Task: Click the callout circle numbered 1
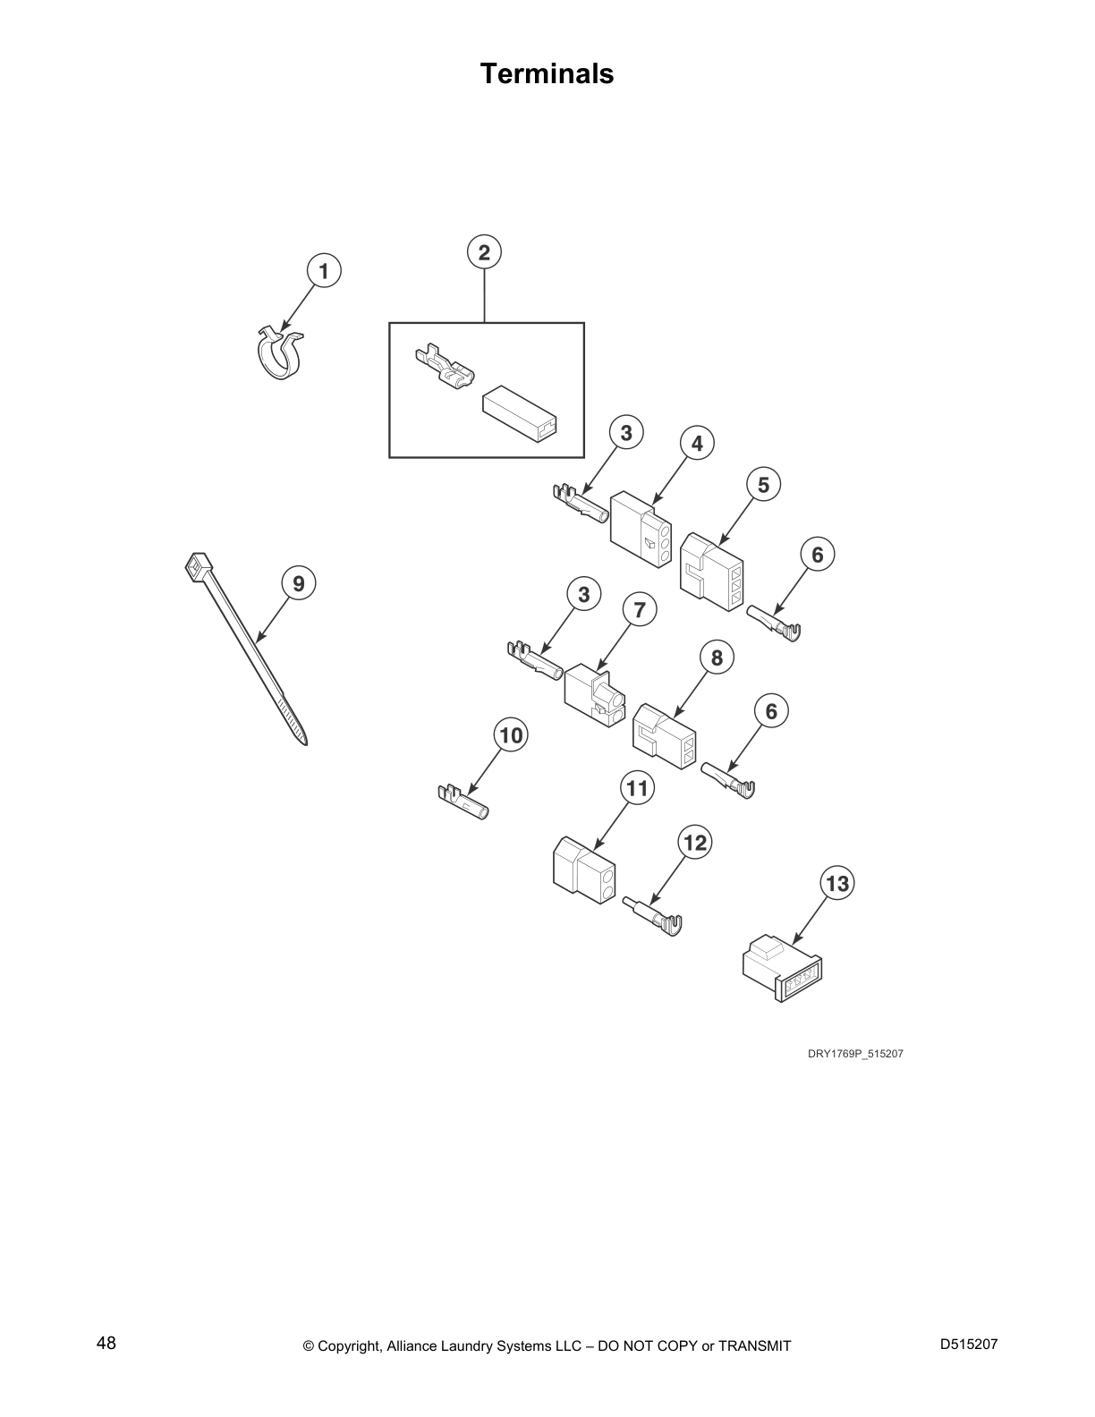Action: point(324,270)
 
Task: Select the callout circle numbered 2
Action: point(484,252)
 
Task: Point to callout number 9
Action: point(298,584)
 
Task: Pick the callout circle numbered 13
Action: point(836,884)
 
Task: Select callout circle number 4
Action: point(697,443)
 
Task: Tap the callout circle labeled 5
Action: point(763,484)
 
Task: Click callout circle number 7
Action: point(639,610)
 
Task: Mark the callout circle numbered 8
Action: point(717,658)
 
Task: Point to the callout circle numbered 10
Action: point(511,735)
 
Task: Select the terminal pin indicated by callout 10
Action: point(463,801)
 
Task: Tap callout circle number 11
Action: point(637,788)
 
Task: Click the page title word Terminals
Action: point(547,73)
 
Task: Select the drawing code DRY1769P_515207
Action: point(855,1054)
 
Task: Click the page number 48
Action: point(106,1344)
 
